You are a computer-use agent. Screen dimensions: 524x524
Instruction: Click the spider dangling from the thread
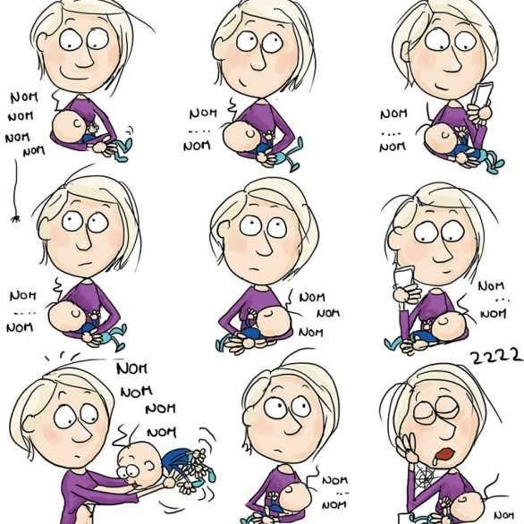click(x=15, y=219)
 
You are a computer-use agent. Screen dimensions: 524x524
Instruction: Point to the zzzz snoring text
click(x=496, y=356)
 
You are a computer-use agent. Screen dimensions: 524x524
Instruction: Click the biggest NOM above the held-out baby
click(x=132, y=368)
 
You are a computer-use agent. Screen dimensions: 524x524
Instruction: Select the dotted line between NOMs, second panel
click(x=199, y=131)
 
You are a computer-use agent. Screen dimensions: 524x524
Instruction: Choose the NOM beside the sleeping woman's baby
click(x=503, y=516)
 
